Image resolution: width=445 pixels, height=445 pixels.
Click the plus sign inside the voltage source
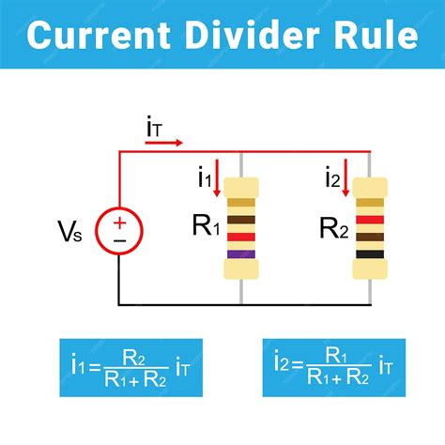tap(120, 222)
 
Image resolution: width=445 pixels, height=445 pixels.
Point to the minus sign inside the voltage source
tap(120, 241)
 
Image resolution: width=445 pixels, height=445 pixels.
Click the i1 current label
tap(204, 176)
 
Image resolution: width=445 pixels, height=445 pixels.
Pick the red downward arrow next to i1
tap(219, 177)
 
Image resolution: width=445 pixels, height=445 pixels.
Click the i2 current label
tap(332, 176)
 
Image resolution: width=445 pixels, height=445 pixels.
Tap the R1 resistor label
tap(207, 225)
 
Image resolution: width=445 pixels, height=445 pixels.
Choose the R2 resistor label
tap(334, 226)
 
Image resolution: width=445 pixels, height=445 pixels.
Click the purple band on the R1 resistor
tap(241, 253)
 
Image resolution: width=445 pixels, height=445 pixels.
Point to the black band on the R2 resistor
tap(369, 253)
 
